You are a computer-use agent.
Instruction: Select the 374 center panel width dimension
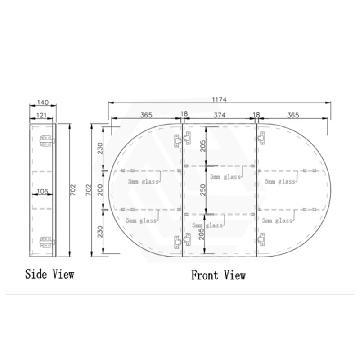219,115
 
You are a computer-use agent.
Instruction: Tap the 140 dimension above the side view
43,103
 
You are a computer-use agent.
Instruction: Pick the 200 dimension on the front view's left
100,190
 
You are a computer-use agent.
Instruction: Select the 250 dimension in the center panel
202,190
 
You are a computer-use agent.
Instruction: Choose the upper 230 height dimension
100,147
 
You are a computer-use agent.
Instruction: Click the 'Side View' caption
49,273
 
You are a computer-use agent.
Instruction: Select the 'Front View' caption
219,274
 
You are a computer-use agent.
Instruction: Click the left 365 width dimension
146,115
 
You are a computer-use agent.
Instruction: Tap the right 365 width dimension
292,115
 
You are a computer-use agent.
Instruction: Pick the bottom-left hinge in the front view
177,243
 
